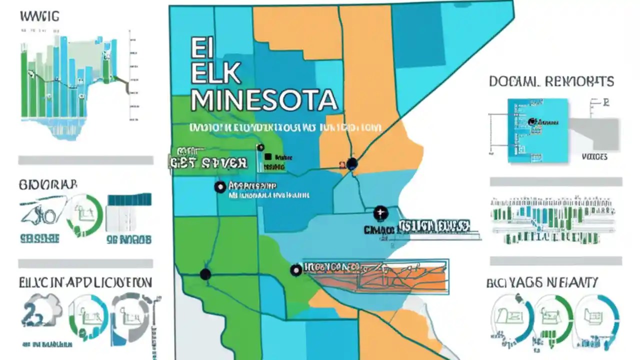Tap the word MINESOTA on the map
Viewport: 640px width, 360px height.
[263, 100]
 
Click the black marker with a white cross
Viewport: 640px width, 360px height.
[380, 213]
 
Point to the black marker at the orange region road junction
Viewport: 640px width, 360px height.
[352, 163]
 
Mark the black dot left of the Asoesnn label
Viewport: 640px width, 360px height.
[219, 187]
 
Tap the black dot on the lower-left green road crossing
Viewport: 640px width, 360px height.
[205, 274]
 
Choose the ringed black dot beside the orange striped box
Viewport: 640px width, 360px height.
[296, 270]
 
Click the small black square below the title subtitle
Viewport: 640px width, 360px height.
[267, 156]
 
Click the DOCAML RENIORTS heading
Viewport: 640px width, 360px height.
[551, 81]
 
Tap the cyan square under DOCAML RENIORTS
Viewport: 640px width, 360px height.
[538, 130]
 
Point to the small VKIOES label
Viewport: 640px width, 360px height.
[595, 157]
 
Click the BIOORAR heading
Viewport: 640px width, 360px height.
[48, 184]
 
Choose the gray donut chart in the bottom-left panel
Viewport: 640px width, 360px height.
[130, 318]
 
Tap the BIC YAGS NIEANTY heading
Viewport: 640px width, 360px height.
[542, 283]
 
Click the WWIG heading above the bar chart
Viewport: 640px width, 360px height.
[39, 16]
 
